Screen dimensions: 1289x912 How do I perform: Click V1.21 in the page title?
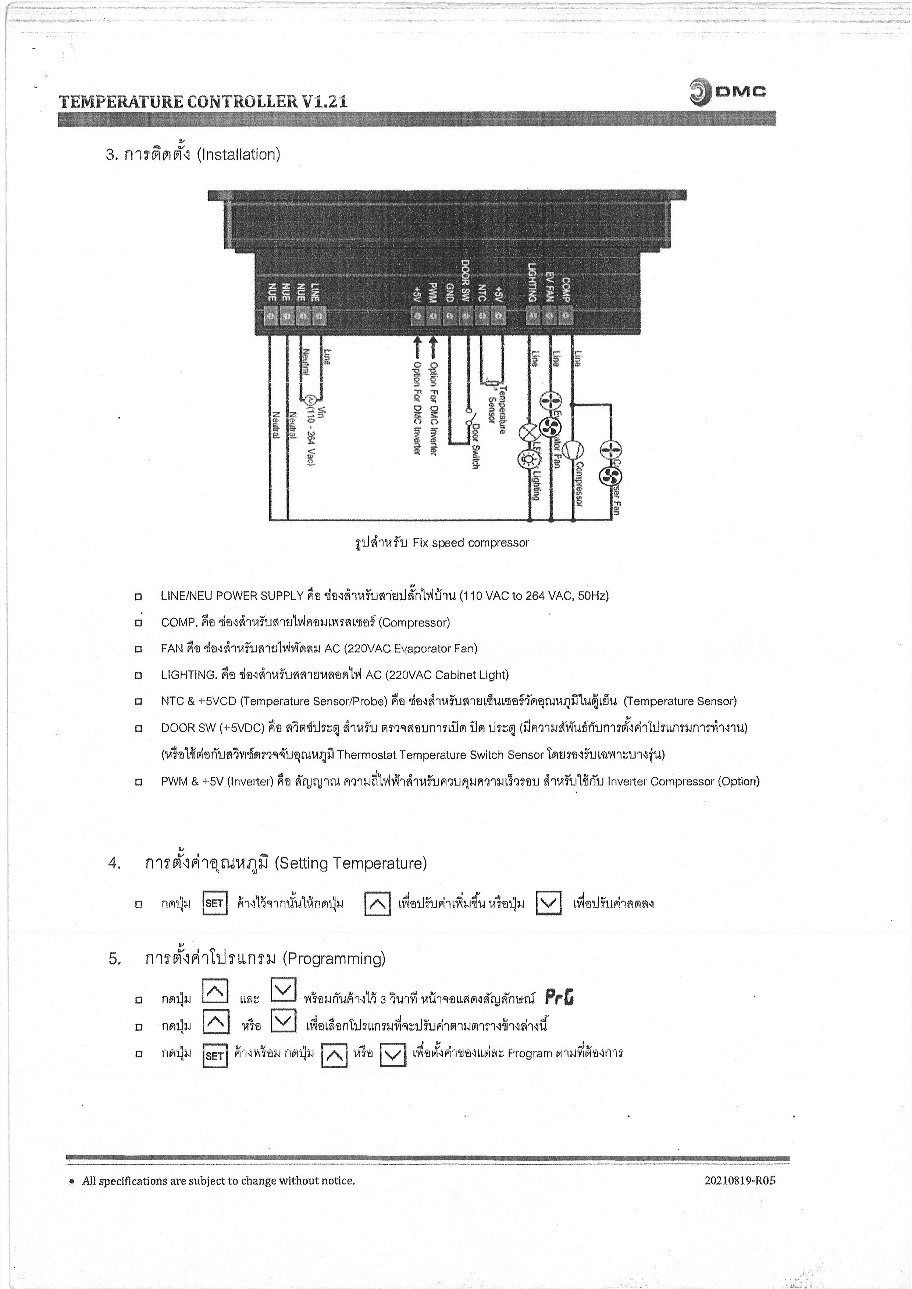coord(325,101)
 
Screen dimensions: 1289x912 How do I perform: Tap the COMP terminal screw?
coord(566,316)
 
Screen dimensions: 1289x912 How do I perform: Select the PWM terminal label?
coord(433,292)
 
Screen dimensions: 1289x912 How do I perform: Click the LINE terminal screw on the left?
coord(319,316)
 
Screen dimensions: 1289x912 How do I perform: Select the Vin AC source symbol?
coord(309,400)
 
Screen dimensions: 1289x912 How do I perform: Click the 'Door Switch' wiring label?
coord(475,446)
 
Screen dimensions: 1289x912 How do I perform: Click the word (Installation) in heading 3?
coord(238,154)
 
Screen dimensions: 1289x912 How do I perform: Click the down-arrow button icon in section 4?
coord(548,903)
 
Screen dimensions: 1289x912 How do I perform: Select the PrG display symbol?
coord(559,998)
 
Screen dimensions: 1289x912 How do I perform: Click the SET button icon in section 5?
coord(214,1056)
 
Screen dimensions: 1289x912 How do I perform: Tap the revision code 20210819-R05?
coord(740,1181)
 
